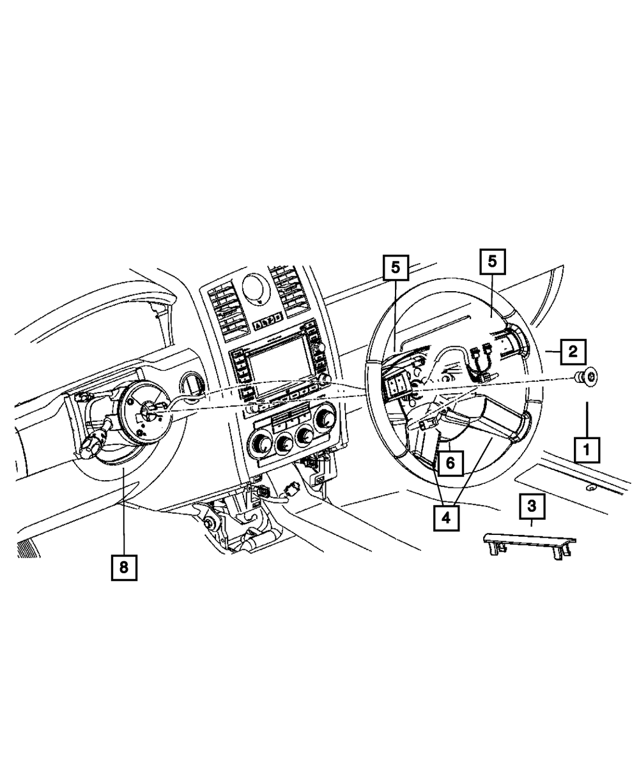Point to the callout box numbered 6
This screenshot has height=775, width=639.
[x=449, y=463]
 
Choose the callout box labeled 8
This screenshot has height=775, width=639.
[x=124, y=566]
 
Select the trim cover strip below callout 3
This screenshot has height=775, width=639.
[x=528, y=543]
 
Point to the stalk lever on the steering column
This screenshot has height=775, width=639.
[x=94, y=441]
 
